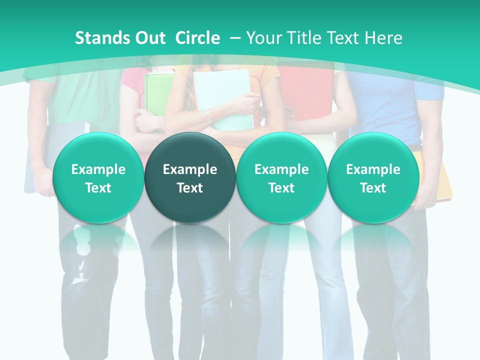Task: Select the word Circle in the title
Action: tap(197, 38)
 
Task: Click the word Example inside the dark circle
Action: tap(190, 169)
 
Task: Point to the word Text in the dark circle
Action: tap(190, 188)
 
